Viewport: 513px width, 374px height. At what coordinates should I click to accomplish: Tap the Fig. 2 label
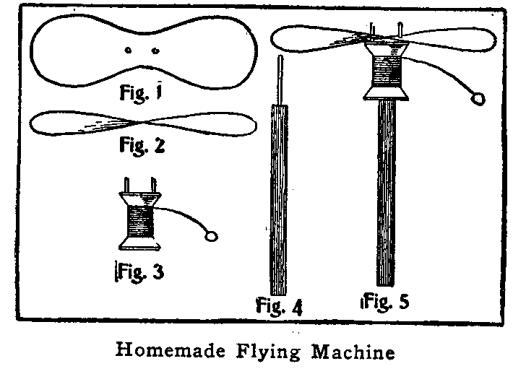(x=141, y=147)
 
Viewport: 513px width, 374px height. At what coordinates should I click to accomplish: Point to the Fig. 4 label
(x=280, y=305)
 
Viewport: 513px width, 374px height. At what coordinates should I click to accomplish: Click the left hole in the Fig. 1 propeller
(x=128, y=51)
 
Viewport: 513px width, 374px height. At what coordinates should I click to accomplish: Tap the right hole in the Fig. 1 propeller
(x=155, y=51)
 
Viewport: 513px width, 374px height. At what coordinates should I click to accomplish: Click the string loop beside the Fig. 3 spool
(x=211, y=235)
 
